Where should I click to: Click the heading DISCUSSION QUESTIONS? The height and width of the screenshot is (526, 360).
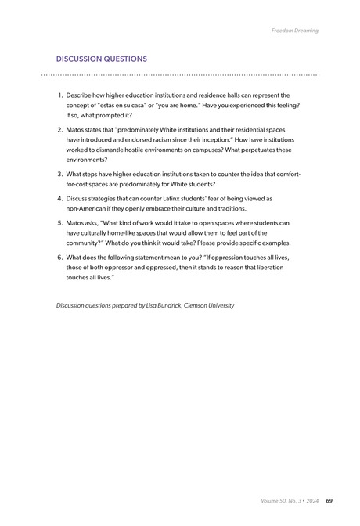101,59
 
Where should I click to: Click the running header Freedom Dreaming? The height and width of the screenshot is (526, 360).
295,31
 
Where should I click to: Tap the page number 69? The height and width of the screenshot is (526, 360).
329,501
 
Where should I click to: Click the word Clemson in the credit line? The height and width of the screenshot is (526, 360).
201,304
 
